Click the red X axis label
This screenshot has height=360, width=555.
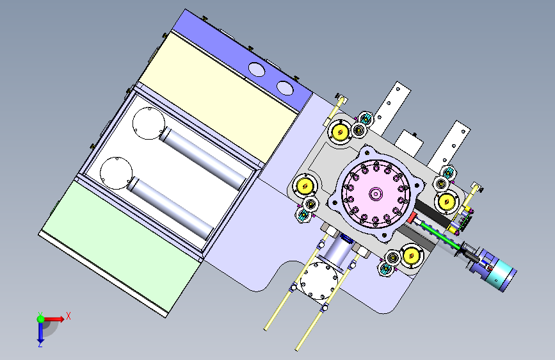point(68,316)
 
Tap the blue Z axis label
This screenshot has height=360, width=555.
point(40,344)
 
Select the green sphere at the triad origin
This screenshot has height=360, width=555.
point(41,319)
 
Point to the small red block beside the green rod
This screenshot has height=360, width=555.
point(412,218)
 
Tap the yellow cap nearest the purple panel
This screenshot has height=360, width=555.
point(340,132)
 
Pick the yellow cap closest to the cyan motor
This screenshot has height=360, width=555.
point(411,255)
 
